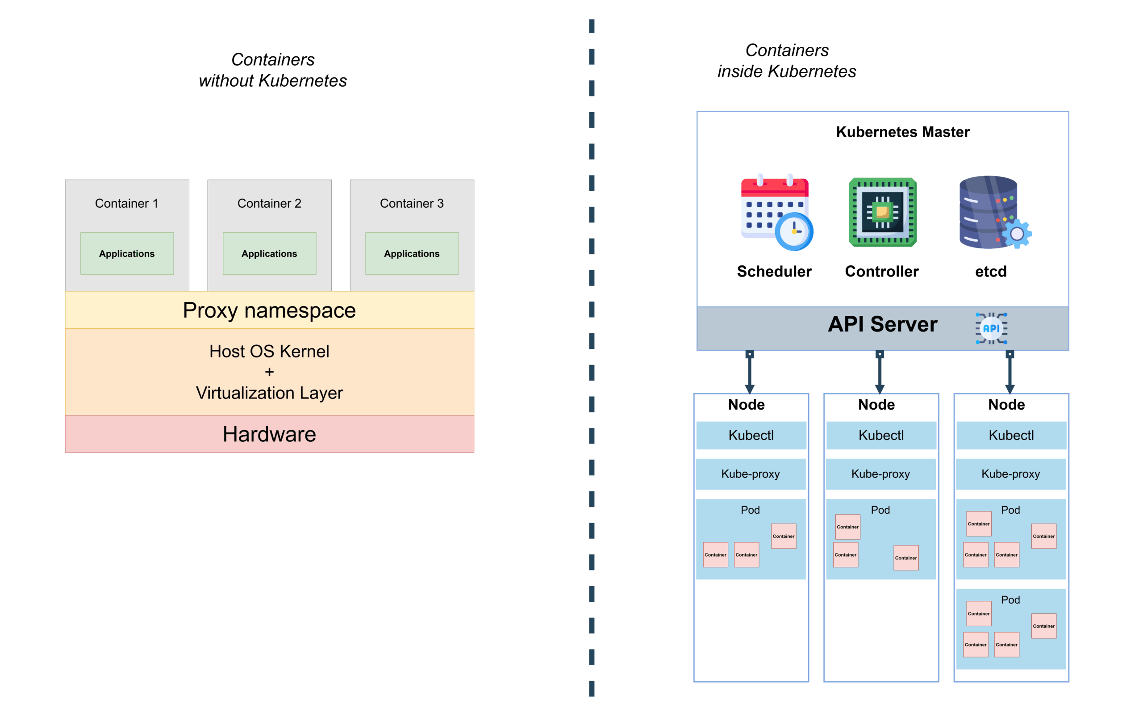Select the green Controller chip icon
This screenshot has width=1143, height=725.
[882, 212]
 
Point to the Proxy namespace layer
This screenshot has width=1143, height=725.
[269, 310]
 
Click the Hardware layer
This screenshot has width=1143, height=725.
[269, 434]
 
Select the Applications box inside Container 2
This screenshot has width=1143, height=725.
[269, 253]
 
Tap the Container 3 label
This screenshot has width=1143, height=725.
[412, 203]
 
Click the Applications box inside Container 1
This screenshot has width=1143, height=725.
[127, 253]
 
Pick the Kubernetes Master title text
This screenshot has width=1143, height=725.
[902, 131]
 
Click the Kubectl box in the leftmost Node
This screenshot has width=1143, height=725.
[751, 435]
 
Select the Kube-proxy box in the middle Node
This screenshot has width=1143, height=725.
[880, 474]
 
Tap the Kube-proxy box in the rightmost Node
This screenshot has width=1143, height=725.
[1010, 474]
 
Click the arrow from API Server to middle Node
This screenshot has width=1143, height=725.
[880, 372]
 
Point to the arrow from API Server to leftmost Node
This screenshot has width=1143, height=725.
[750, 372]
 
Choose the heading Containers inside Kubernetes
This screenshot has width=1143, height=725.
[787, 61]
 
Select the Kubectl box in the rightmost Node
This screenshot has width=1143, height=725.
[1011, 435]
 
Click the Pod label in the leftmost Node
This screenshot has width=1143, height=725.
[750, 510]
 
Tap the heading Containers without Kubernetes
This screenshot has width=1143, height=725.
[272, 70]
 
